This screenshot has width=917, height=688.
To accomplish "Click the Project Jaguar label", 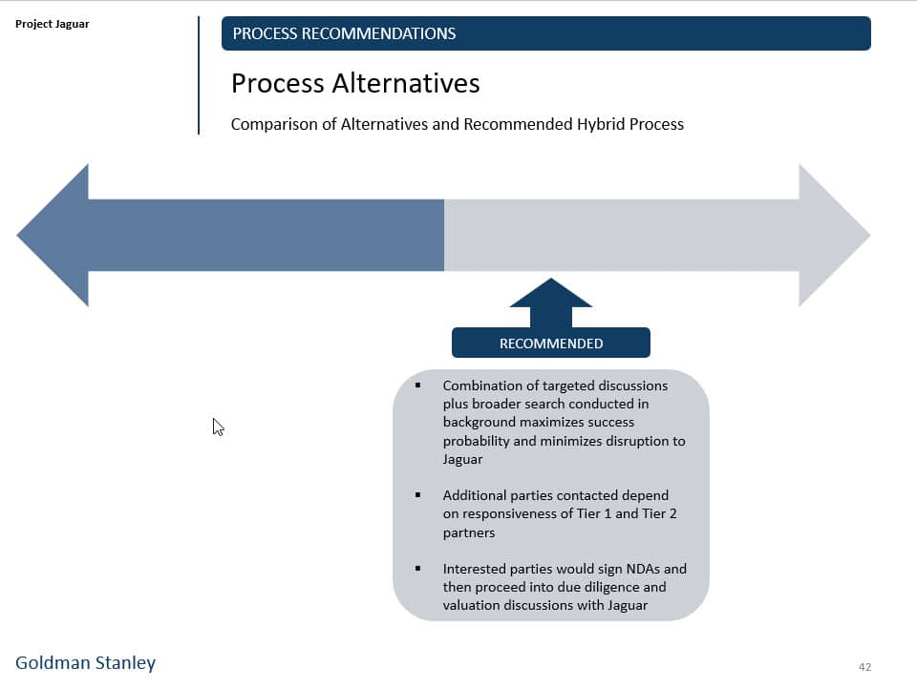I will coord(53,24).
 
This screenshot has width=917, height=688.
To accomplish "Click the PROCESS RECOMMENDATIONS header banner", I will coord(545,33).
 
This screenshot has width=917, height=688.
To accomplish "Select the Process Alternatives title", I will coord(355,84).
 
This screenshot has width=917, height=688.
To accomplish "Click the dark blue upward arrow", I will coord(551,302).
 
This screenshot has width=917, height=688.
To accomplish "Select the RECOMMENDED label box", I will coord(551,344).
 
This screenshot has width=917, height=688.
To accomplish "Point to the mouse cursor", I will coord(218,427).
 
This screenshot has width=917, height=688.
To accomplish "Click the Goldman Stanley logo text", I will coord(85,662).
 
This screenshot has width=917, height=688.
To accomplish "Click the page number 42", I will coord(864,667).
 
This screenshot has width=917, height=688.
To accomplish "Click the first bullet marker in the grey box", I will coord(417,386).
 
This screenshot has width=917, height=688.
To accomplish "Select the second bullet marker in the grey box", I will coord(417,495).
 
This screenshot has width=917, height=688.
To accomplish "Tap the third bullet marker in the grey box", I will coord(417,569).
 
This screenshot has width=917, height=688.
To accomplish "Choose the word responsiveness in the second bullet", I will coord(508,514).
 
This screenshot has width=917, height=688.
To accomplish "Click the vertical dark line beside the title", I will coord(199,75).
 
